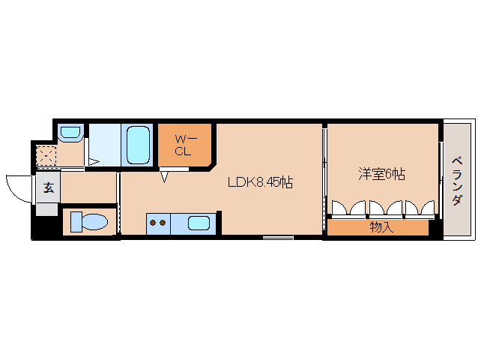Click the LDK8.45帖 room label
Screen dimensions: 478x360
point(260,182)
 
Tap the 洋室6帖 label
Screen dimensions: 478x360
point(381,174)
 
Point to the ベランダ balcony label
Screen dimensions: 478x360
point(457,181)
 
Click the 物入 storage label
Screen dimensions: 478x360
point(381,227)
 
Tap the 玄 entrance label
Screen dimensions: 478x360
point(49,187)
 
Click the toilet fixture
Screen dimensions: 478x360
point(89,222)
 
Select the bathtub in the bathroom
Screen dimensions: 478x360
point(138,145)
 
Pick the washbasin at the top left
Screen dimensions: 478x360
point(70,133)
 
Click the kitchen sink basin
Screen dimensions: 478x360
point(199,223)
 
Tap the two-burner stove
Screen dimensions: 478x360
point(158,223)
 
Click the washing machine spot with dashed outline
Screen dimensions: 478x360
point(46,155)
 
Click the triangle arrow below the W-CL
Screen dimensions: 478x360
point(165,177)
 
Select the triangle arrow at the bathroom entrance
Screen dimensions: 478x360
point(94,162)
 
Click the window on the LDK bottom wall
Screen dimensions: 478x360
point(278,237)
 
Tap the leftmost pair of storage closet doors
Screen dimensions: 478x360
point(348,208)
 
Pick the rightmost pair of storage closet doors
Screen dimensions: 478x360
point(420,208)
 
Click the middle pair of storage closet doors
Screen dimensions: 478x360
point(385,208)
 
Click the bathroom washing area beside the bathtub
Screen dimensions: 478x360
point(105,145)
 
